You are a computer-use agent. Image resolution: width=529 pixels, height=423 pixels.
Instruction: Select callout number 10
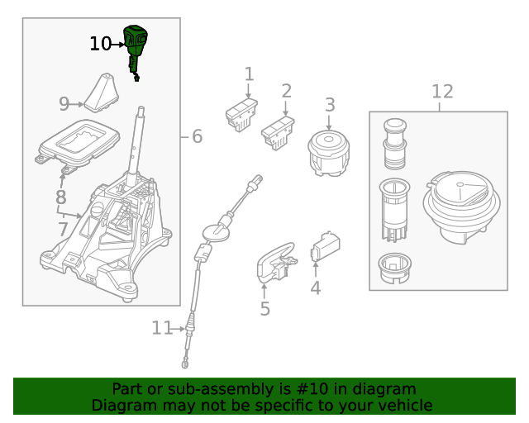pyautogui.click(x=100, y=44)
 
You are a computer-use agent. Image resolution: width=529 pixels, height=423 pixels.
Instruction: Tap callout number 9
pyautogui.click(x=64, y=104)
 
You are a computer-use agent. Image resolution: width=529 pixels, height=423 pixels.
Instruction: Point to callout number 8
pyautogui.click(x=60, y=197)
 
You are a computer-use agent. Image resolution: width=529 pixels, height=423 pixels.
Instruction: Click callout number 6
pyautogui.click(x=197, y=136)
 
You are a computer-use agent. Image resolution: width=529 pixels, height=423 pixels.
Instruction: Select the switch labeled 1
pyautogui.click(x=241, y=115)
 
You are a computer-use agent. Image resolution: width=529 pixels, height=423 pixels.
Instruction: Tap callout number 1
pyautogui.click(x=249, y=75)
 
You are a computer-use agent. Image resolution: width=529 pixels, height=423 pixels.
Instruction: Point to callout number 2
pyautogui.click(x=286, y=91)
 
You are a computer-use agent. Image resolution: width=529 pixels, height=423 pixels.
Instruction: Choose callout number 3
pyautogui.click(x=330, y=105)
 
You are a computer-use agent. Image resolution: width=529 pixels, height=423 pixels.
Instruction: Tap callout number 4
pyautogui.click(x=315, y=288)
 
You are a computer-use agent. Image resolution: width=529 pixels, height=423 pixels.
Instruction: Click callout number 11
pyautogui.click(x=161, y=328)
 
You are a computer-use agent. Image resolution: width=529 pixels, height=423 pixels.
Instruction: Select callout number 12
pyautogui.click(x=442, y=92)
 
